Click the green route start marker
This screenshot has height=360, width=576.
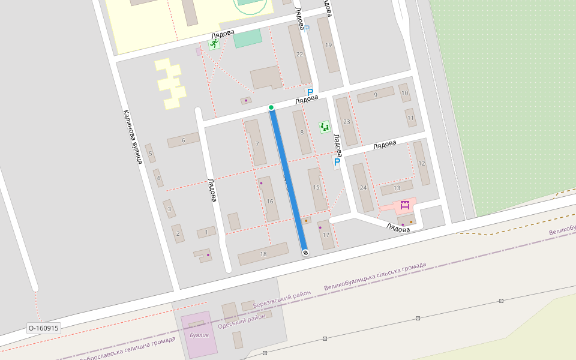[271, 107]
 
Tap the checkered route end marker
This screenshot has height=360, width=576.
[305, 253]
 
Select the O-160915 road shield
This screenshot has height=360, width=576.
[44, 328]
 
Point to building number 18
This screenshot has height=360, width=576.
[263, 254]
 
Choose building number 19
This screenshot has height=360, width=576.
[328, 45]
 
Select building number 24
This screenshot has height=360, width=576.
[362, 188]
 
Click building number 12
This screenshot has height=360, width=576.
[421, 163]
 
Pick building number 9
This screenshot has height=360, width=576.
[376, 95]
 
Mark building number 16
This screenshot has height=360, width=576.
[270, 201]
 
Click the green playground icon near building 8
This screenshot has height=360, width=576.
[325, 127]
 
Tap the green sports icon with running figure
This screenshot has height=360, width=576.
[214, 44]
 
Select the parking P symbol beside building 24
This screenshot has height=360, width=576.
[337, 162]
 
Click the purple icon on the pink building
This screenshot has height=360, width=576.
[404, 205]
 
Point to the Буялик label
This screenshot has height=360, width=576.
[199, 335]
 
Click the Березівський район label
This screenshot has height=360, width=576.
[282, 300]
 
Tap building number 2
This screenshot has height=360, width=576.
[178, 233]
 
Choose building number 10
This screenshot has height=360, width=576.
[405, 93]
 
